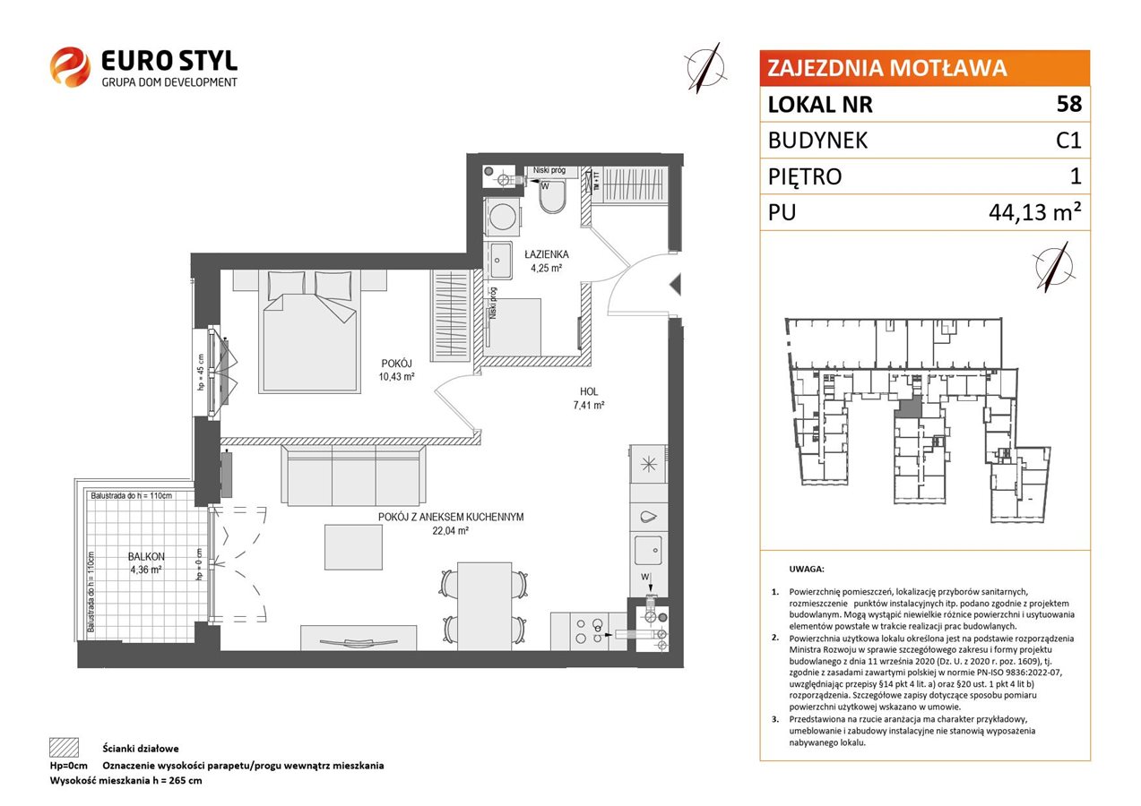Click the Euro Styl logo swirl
coord(70,66)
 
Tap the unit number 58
coord(1068,104)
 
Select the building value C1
coord(1068,141)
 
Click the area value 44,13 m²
coord(1034,211)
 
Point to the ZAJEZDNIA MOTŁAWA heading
coord(886,68)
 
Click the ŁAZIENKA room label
coord(547,254)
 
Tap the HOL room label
coord(589,391)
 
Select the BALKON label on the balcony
coord(146,557)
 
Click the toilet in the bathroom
coord(552,197)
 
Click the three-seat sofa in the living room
coord(353,476)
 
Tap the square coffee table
coord(353,547)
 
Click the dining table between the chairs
coord(484,605)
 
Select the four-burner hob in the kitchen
coord(588,631)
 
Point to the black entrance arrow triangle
coord(676,284)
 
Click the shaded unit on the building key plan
coord(909,407)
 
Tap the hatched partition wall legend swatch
coord(65,748)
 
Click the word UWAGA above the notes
coord(807,569)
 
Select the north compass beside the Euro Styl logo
coord(706,68)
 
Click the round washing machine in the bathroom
coord(503,217)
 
